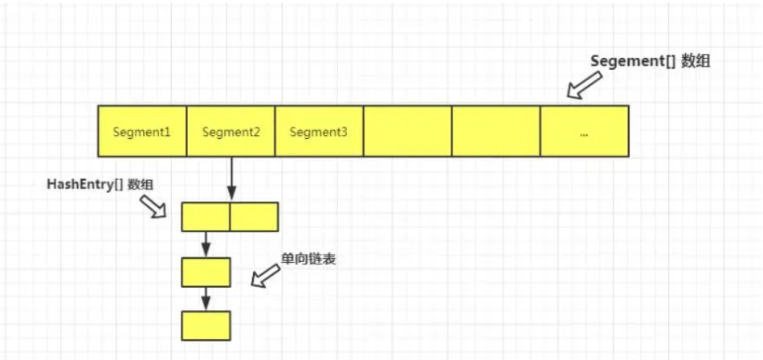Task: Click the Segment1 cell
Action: click(x=142, y=131)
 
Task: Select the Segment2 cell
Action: click(x=231, y=131)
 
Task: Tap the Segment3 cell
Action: click(x=319, y=131)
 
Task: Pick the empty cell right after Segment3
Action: click(x=407, y=131)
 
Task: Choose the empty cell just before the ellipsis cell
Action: click(x=496, y=131)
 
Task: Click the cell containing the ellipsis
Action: click(x=584, y=131)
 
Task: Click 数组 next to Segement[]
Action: click(x=696, y=62)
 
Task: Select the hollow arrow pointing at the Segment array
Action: click(x=583, y=84)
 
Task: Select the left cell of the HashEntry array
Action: click(x=206, y=217)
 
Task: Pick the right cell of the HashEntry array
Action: click(x=254, y=217)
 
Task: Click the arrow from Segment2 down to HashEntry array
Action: click(x=231, y=178)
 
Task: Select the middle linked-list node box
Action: click(x=206, y=272)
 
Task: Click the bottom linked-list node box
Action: click(x=206, y=325)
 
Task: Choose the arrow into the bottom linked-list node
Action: click(x=206, y=299)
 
